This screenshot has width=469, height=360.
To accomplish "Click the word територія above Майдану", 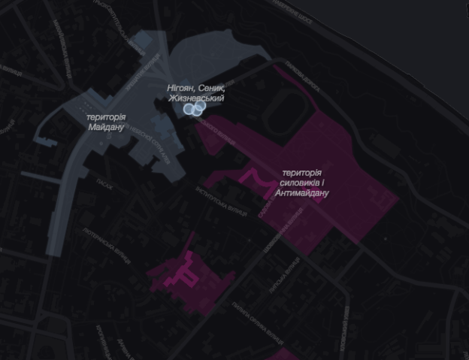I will (106, 116).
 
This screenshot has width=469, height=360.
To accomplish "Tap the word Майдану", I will (106, 127).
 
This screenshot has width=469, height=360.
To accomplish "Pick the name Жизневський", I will (195, 98).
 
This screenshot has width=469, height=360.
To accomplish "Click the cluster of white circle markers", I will (195, 109).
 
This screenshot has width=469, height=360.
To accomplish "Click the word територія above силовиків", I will (302, 173).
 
